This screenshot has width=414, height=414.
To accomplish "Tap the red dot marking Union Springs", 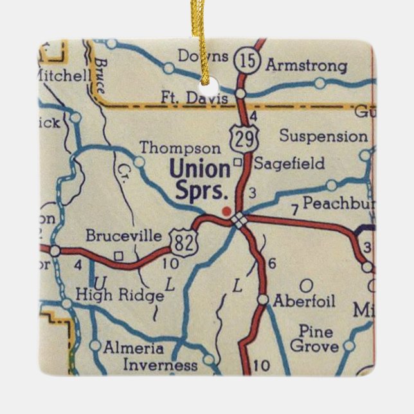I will [225, 210].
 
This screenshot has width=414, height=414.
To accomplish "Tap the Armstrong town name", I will [306, 66].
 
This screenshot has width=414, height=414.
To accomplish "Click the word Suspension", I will [323, 136].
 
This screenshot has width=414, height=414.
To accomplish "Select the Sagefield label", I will [289, 163].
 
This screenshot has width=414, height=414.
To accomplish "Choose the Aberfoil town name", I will [304, 301].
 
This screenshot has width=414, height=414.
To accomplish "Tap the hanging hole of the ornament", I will [207, 87].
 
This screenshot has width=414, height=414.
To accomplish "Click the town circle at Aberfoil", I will [263, 300].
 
